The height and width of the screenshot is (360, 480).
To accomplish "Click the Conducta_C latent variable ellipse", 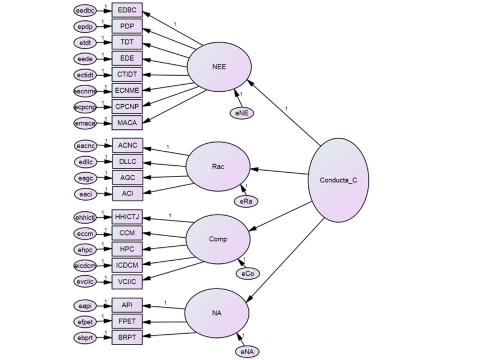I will [x=338, y=180].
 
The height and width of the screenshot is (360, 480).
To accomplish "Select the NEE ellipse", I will [x=219, y=67].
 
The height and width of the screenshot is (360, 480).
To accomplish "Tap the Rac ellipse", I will [x=218, y=166].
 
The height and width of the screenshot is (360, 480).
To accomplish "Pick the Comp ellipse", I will [x=218, y=239].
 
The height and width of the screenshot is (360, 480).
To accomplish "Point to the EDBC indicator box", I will [x=127, y=10].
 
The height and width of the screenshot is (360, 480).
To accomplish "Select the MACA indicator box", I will [x=127, y=123].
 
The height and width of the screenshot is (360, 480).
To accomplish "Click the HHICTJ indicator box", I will [x=127, y=217].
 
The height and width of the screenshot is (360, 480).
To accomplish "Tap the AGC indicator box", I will [x=127, y=178].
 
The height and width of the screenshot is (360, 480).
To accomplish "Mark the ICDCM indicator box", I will [x=127, y=265].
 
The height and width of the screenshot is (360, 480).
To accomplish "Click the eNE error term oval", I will [x=241, y=113].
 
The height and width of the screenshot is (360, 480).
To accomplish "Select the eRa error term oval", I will [x=246, y=201].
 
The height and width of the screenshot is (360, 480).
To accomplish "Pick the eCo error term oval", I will [x=247, y=274].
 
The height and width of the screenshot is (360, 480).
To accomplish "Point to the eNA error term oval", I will [x=247, y=351].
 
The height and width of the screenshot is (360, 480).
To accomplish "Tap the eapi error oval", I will [x=86, y=306].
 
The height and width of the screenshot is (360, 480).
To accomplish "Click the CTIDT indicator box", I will [x=127, y=75].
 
